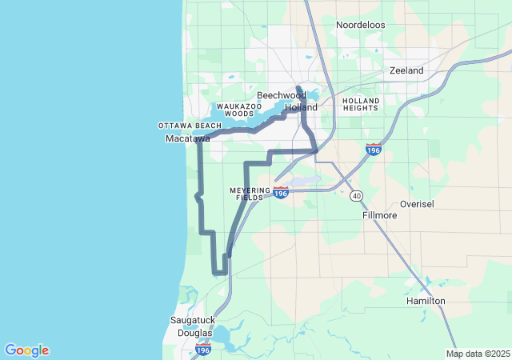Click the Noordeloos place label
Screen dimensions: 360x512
tap(360, 25)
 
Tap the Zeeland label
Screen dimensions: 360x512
tap(406, 70)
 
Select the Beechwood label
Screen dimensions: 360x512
tap(281, 95)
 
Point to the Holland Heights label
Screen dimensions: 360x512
tap(360, 104)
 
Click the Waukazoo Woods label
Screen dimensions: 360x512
tap(239, 110)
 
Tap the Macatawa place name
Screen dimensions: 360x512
tap(187, 138)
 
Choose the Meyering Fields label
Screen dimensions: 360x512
tap(250, 194)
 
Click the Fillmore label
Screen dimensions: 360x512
tap(379, 216)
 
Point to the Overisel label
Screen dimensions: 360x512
tap(417, 204)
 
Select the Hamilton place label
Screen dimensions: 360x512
tap(426, 301)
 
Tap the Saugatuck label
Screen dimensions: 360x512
tap(191, 320)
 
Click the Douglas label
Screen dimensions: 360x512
tap(194, 333)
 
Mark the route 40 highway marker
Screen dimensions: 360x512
tap(356, 196)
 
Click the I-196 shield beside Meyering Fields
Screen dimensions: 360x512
tap(280, 193)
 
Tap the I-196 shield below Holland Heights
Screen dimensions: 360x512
tap(373, 150)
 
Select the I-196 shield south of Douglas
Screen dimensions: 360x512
tap(203, 350)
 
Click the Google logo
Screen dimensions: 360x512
tap(26, 350)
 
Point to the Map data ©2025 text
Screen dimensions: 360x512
tap(477, 354)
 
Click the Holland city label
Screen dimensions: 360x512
tap(302, 106)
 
